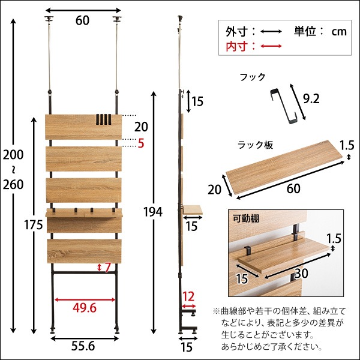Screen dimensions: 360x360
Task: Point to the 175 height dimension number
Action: [x=18, y=226]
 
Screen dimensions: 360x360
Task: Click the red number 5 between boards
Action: [x=141, y=143]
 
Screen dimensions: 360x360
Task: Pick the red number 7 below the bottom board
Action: [x=109, y=267]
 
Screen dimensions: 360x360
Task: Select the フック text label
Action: [x=252, y=77]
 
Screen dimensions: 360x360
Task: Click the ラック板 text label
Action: [x=255, y=145]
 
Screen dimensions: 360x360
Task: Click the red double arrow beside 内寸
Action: [x=272, y=46]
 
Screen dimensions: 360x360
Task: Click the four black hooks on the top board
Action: [x=104, y=119]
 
